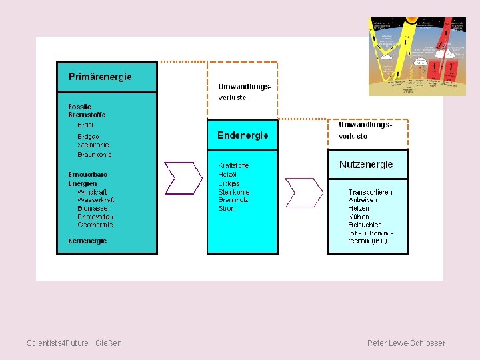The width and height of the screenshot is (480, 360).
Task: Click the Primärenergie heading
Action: coord(100,77)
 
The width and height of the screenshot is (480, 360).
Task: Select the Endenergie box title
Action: coord(243,135)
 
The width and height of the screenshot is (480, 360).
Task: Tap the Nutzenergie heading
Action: coord(366,165)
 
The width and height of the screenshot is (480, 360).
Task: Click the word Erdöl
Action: coord(85,125)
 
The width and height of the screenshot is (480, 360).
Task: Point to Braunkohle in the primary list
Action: coord(95,155)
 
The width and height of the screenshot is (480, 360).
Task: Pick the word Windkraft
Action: coord(92,192)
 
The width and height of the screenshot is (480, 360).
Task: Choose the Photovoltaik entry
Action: coord(95,217)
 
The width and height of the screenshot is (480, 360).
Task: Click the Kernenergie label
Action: coord(87,241)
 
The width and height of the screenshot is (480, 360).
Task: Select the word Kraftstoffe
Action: coord(234,165)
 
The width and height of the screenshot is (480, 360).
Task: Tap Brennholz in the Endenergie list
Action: coord(234,200)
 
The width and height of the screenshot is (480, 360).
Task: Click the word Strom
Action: coord(227,209)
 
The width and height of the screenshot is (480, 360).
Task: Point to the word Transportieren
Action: coord(370,192)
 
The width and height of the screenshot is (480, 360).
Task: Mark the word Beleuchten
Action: coord(365,225)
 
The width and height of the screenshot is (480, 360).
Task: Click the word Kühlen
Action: coord(359,217)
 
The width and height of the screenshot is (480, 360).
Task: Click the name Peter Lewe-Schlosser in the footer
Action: coord(406,343)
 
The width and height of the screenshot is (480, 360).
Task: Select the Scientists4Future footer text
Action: coord(57,343)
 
